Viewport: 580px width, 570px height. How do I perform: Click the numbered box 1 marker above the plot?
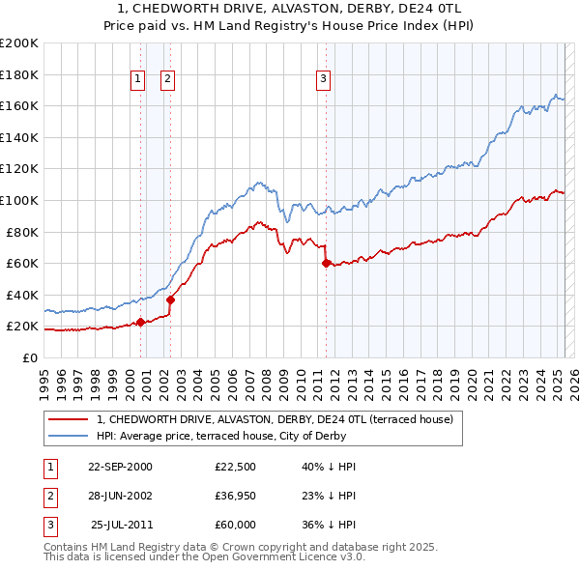[x=137, y=80]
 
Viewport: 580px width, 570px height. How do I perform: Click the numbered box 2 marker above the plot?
[x=168, y=80]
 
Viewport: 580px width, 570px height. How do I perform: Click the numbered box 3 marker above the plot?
[x=323, y=80]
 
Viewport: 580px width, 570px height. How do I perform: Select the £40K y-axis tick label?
[x=23, y=295]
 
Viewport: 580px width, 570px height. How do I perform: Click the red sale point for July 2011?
[x=326, y=263]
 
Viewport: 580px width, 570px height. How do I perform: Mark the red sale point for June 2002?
[x=170, y=299]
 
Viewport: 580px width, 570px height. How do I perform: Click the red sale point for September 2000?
[x=141, y=322]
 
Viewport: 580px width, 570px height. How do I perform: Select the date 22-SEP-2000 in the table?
[x=120, y=467]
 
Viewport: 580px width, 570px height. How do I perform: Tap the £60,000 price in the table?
[x=236, y=525]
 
